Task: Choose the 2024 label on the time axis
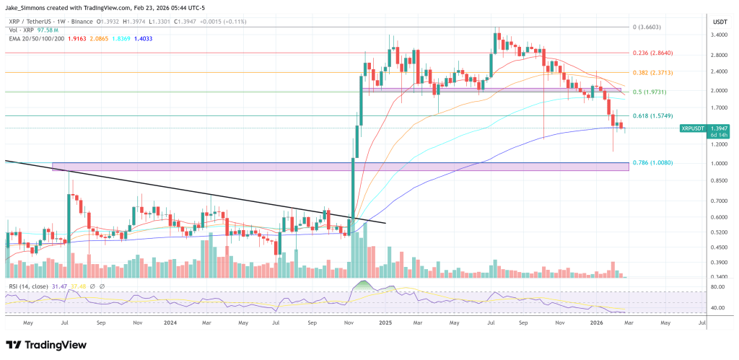tap(170, 324)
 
